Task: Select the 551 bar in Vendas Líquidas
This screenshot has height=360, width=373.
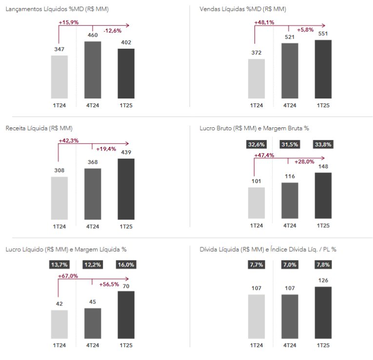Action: [323, 69]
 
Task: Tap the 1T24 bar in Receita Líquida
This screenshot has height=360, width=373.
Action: [59, 198]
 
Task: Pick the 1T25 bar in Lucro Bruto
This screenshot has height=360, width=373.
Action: [323, 195]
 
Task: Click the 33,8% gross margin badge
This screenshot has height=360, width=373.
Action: [323, 144]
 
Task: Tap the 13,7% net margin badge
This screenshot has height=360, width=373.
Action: [59, 265]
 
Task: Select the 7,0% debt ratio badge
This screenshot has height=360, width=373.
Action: [290, 265]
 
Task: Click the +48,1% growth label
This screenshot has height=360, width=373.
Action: [264, 22]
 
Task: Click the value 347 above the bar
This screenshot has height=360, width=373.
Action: [59, 49]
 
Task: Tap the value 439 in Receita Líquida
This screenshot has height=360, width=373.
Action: [126, 152]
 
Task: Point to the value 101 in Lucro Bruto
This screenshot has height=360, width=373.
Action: [256, 181]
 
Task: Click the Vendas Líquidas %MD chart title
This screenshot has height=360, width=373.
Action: [243, 9]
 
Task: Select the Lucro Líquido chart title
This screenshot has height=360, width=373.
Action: [66, 249]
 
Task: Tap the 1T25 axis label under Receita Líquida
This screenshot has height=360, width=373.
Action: [126, 227]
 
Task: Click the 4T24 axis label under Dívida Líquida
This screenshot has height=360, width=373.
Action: [290, 346]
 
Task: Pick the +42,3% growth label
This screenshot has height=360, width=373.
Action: [69, 140]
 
